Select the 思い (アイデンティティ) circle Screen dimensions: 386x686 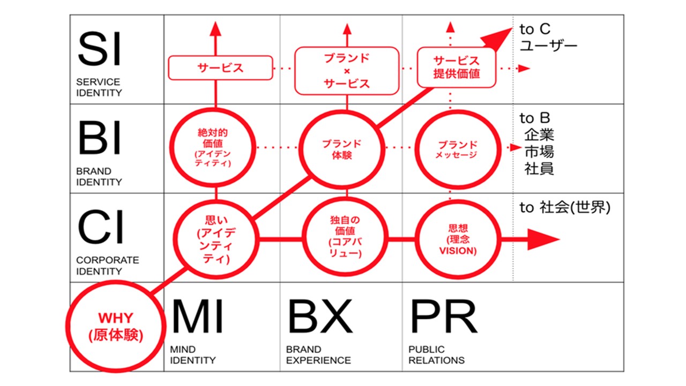(x=217, y=239)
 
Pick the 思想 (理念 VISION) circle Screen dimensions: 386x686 (x=457, y=239)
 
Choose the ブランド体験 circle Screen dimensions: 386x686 (x=341, y=148)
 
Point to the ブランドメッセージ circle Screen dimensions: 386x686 (x=457, y=148)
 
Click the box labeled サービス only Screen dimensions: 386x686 (x=220, y=68)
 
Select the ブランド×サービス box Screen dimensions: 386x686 (x=347, y=70)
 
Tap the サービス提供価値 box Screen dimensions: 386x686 (x=457, y=67)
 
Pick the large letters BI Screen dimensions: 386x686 (x=100, y=138)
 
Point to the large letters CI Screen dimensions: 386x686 (x=100, y=228)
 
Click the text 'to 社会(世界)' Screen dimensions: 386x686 (x=565, y=208)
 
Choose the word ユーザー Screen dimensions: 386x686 (x=548, y=46)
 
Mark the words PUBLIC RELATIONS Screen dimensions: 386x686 (x=436, y=355)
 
